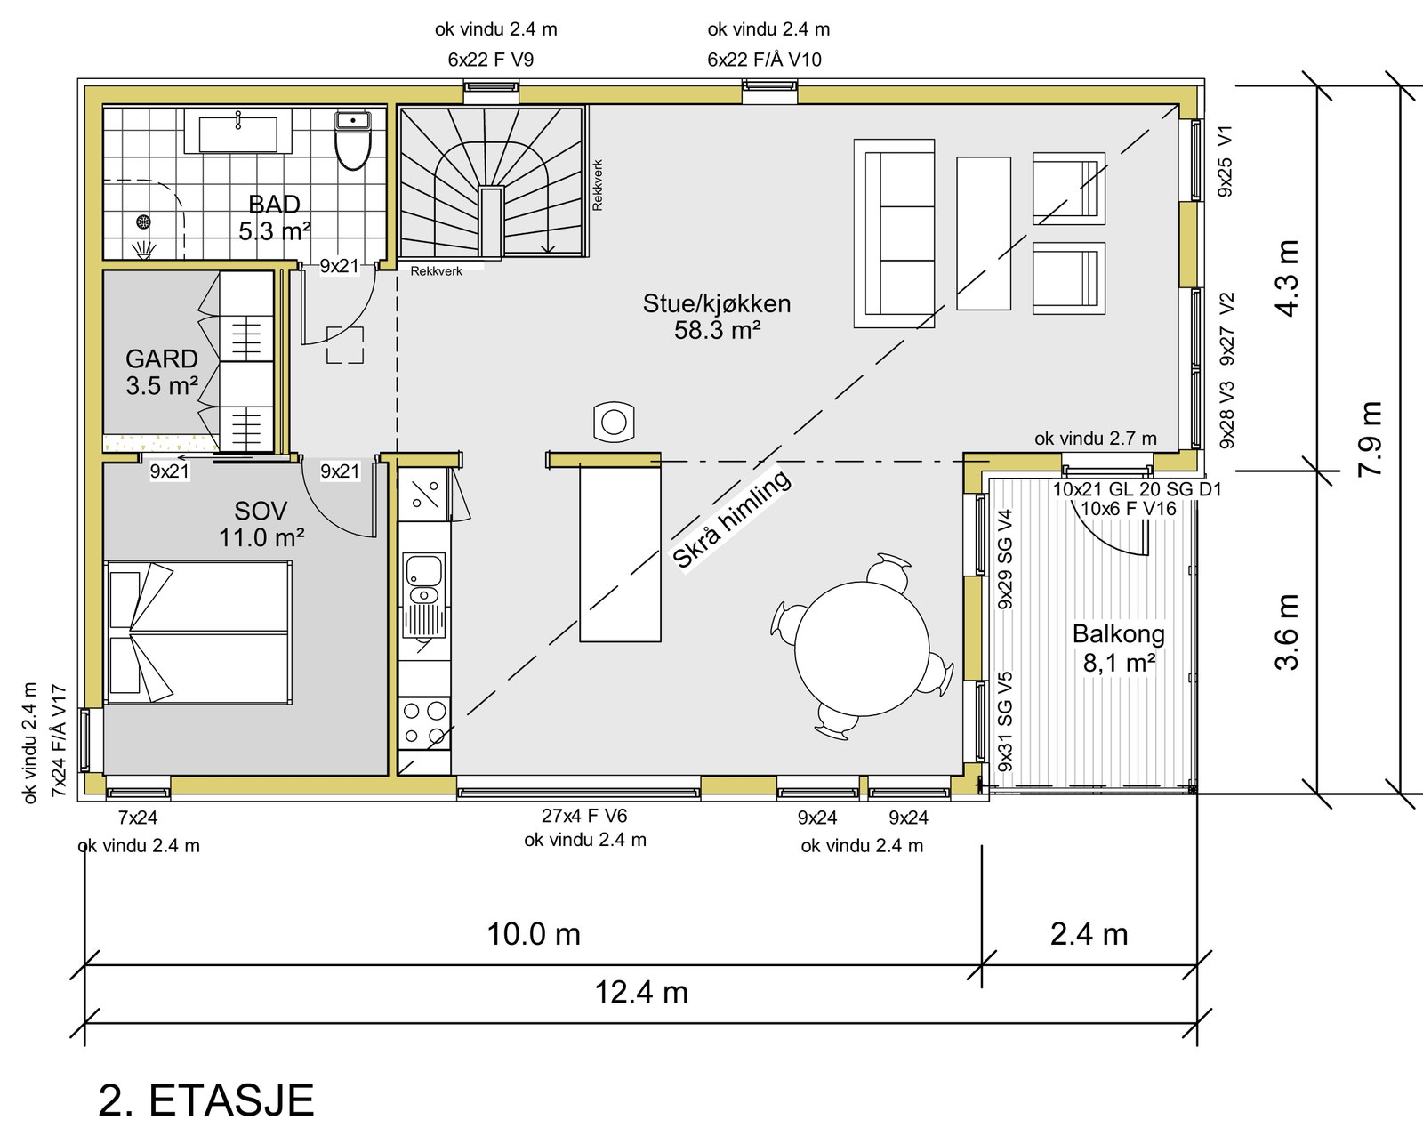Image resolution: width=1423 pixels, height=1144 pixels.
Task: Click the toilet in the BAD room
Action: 353,143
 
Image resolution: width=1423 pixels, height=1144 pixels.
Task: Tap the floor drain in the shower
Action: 144,222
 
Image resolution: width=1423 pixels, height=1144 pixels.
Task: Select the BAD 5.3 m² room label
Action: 274,218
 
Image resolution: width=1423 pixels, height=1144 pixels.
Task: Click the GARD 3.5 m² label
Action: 161,372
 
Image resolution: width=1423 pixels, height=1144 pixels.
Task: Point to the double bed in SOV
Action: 197,632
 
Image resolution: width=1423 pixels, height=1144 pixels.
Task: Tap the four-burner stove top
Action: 424,722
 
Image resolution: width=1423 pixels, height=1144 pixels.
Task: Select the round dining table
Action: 861,649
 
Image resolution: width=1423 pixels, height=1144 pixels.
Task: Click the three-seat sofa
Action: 894,233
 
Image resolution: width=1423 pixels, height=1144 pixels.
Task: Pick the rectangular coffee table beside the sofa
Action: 983,233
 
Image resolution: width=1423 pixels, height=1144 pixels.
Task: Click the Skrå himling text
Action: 731,519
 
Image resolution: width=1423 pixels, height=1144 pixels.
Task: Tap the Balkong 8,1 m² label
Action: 1118,648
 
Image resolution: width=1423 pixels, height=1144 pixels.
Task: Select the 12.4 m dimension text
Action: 640,992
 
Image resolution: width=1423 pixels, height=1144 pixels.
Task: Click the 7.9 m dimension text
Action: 1371,438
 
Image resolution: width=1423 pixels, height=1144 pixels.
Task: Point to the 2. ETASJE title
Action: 205,1100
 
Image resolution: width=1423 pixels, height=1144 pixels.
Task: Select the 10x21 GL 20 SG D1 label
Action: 1137,489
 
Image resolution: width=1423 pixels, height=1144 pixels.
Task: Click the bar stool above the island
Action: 614,421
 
